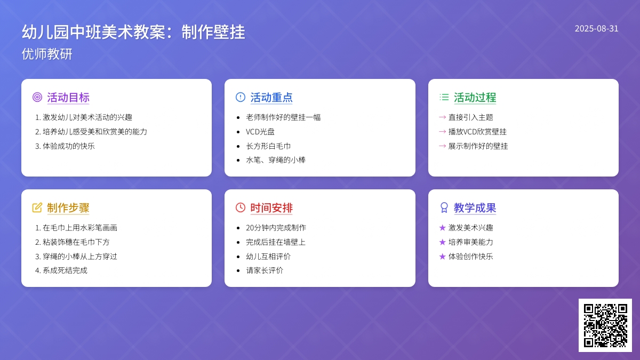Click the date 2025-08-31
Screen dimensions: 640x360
(x=596, y=29)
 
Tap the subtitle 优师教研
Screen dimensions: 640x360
(x=47, y=54)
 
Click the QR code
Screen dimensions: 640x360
(x=605, y=325)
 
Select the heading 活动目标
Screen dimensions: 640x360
(x=68, y=98)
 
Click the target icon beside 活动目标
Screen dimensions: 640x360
(x=37, y=97)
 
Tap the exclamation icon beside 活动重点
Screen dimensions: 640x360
(x=241, y=97)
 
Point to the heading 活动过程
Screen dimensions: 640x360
(x=475, y=98)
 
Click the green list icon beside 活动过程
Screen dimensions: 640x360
(x=444, y=97)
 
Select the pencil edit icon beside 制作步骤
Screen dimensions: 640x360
(x=37, y=207)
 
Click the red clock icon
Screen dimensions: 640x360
(x=241, y=207)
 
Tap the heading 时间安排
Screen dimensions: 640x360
(x=271, y=207)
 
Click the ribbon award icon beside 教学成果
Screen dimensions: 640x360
(x=444, y=207)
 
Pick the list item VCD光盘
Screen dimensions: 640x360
(x=260, y=132)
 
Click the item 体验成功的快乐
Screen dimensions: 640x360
(x=69, y=146)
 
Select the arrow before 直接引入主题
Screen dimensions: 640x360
(x=442, y=117)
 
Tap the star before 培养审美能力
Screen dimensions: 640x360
(x=442, y=242)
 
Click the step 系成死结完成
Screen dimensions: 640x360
(x=65, y=270)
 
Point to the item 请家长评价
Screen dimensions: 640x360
(x=265, y=270)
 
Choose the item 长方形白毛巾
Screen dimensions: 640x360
(x=268, y=146)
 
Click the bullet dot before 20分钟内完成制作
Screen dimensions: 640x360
(x=238, y=228)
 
